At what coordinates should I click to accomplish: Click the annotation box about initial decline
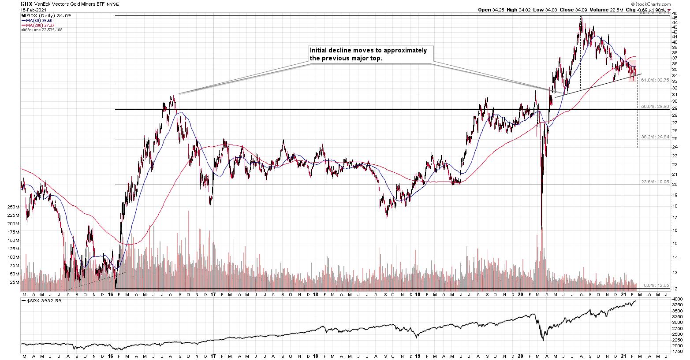pos(370,54)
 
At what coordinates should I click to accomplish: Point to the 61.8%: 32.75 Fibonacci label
pos(655,80)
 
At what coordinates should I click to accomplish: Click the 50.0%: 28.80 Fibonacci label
pos(655,107)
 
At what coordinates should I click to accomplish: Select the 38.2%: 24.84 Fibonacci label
pos(655,137)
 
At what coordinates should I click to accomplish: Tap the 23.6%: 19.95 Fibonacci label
pos(655,182)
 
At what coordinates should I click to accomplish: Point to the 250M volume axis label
pos(12,207)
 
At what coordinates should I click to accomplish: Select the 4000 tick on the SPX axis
pos(677,299)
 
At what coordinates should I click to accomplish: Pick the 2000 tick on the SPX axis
pos(677,346)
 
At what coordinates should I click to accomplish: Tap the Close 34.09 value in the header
pos(574,9)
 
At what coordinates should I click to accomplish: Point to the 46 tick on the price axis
pos(675,13)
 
